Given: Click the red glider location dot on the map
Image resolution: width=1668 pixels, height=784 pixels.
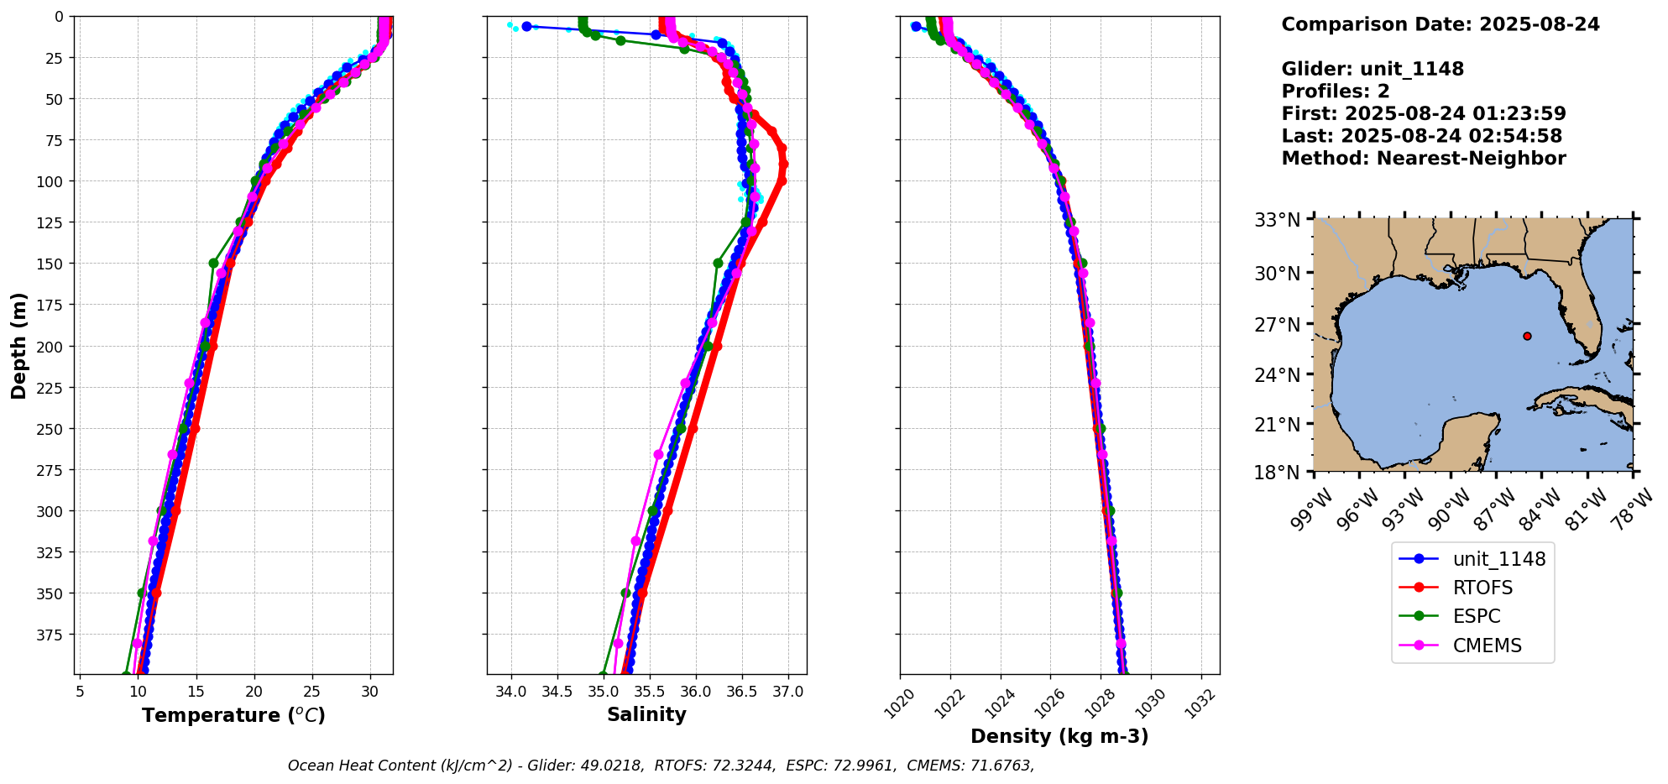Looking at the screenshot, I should pyautogui.click(x=1527, y=336).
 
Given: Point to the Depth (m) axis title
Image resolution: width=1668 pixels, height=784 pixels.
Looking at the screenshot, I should pyautogui.click(x=18, y=345).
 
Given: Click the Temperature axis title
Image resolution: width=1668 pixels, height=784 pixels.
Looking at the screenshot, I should pyautogui.click(x=233, y=715).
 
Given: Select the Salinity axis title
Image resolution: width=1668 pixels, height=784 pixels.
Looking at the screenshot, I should pyautogui.click(x=646, y=714).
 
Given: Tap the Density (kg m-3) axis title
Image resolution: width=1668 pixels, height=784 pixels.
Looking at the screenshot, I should pyautogui.click(x=1059, y=736).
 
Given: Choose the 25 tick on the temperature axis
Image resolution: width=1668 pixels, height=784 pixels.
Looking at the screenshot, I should pyautogui.click(x=312, y=692).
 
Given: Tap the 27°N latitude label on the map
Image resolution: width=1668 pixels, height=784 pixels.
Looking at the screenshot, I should pyautogui.click(x=1277, y=325).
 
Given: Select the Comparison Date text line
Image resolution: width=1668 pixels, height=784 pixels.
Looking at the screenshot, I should pyautogui.click(x=1440, y=24).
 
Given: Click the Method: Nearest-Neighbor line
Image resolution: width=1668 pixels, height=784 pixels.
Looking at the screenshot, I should pyautogui.click(x=1423, y=159).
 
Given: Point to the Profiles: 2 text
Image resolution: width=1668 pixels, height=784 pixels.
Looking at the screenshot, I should pyautogui.click(x=1335, y=91).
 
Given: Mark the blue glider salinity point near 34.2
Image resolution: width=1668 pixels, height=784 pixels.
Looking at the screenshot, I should pyautogui.click(x=526, y=26).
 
